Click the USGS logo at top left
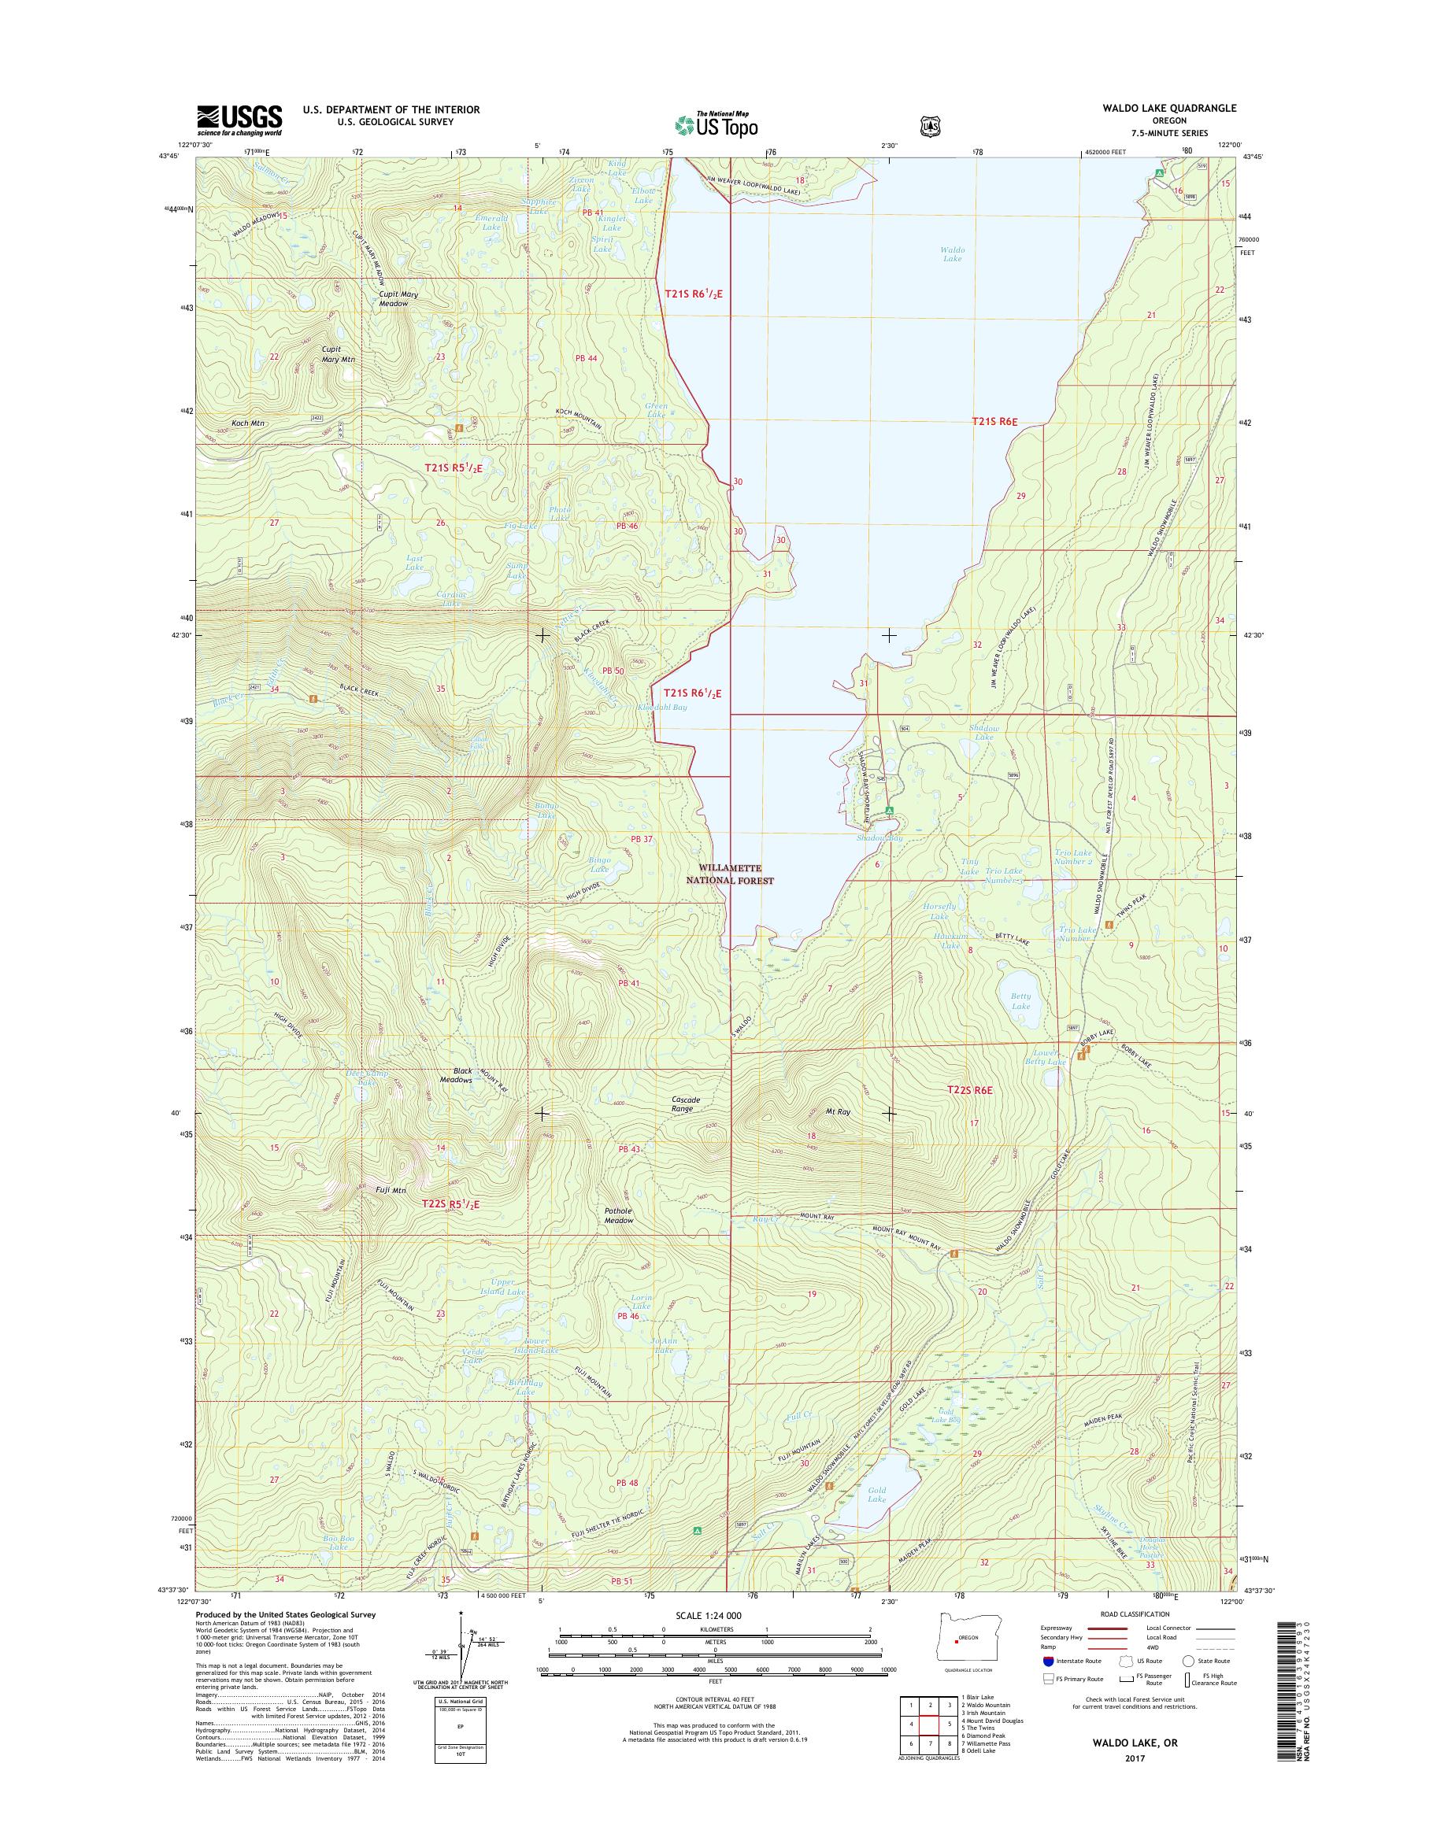(239, 120)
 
